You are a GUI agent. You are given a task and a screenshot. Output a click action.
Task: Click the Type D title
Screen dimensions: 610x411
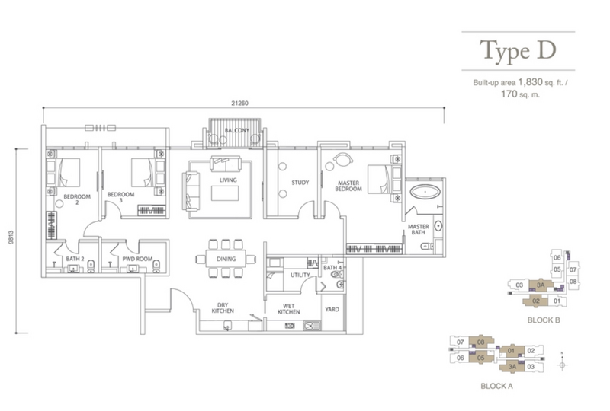[x=518, y=50]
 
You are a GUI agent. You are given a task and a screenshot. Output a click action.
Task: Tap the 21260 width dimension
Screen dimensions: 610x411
[x=239, y=103]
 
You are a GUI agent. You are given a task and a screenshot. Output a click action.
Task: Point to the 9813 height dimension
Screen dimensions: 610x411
[x=11, y=237]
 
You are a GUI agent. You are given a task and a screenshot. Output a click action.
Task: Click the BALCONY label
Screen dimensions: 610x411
[x=236, y=130]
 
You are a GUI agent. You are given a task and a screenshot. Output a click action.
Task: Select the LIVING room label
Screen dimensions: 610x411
[x=228, y=180]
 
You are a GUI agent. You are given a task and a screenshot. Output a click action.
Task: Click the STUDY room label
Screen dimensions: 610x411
[x=300, y=182]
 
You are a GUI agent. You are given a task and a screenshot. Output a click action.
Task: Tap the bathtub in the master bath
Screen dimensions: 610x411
[x=425, y=192]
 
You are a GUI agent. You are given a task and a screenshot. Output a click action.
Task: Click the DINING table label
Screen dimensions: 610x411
[x=226, y=259]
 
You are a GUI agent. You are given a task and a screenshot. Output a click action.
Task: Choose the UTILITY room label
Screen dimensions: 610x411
[x=300, y=275]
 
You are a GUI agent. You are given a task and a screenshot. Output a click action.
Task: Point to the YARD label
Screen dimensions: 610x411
[x=332, y=309]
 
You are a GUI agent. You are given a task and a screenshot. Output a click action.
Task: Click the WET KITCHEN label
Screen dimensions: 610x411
[x=289, y=309]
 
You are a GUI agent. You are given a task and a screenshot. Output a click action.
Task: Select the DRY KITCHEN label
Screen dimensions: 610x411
[x=223, y=308]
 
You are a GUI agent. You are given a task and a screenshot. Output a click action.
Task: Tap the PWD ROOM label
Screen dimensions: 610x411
[x=138, y=259]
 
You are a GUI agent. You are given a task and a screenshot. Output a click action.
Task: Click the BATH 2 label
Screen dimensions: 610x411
[x=75, y=259]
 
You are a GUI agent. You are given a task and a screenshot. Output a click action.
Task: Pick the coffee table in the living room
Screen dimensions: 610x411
[x=225, y=193]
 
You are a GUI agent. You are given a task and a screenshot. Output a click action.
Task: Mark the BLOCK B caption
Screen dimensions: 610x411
[x=544, y=320]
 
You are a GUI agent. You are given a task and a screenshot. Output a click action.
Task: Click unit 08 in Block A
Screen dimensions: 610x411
[x=481, y=342]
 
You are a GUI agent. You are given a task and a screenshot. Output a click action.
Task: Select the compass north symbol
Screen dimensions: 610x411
[x=562, y=363]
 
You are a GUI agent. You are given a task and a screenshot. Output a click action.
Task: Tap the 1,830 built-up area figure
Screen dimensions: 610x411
[x=530, y=82]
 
